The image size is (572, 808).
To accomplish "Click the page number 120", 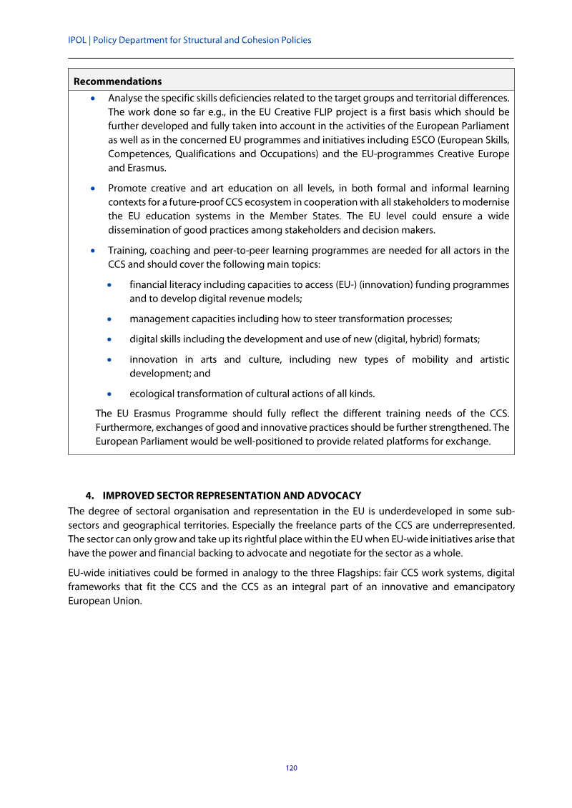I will (291, 768).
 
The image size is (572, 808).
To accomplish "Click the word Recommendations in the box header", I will (117, 81).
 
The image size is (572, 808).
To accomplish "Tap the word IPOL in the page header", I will (78, 40).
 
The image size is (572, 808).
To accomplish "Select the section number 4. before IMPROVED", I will (90, 495).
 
